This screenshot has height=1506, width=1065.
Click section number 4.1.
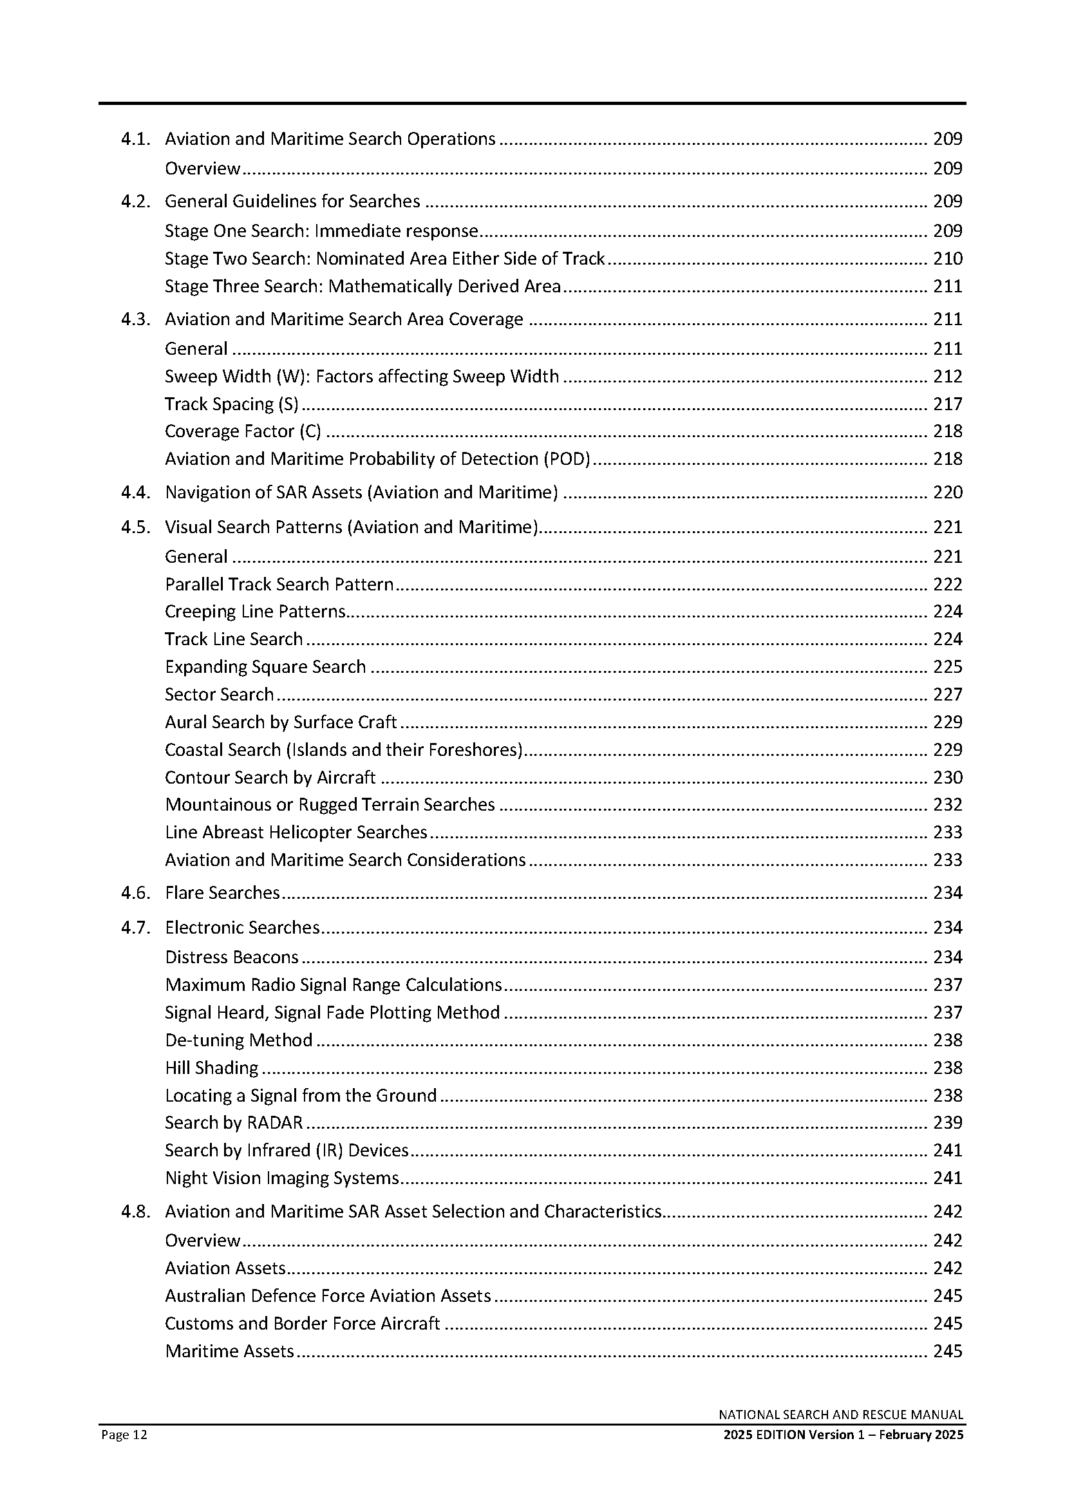tap(136, 139)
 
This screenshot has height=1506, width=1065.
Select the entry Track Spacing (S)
tap(232, 404)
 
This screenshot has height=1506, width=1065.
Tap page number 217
tap(948, 404)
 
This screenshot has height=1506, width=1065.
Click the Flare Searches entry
tap(222, 892)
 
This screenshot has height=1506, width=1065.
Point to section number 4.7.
tap(136, 927)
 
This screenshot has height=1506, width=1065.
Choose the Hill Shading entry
tap(212, 1068)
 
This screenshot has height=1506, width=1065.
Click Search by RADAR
tap(234, 1123)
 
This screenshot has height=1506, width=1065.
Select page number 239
tap(948, 1123)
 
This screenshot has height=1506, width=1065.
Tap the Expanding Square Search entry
tap(265, 667)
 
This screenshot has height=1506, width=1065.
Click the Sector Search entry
tap(219, 695)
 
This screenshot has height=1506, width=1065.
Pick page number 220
tap(948, 493)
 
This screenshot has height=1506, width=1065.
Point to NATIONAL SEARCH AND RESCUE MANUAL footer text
tap(841, 1415)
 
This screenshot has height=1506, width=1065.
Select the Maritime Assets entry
tap(229, 1351)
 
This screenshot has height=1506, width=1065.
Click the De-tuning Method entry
tap(239, 1040)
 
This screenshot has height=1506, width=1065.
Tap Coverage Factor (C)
tap(243, 431)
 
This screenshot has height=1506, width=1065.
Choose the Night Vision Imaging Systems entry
tap(282, 1178)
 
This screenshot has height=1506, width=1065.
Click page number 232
tap(948, 805)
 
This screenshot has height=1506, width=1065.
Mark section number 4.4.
tap(136, 493)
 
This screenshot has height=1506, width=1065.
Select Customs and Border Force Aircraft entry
tap(303, 1324)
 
